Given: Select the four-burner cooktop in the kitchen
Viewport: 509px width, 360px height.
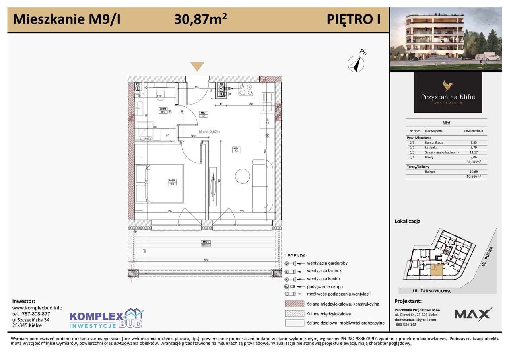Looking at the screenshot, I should pos(244,90).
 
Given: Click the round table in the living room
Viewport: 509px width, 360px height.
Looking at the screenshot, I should pos(242,175).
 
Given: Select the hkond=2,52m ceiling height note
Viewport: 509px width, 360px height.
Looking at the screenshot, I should pos(209,131).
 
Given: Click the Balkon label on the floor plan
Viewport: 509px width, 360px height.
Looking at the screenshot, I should pos(205,245).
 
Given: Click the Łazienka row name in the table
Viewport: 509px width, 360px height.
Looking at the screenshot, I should pos(431,147).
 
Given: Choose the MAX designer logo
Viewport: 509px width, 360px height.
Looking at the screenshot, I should pos(473,314).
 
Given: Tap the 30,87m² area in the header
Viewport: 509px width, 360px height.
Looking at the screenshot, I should pos(201,19).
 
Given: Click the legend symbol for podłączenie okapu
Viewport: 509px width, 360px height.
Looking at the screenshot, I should pos(290,286).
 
